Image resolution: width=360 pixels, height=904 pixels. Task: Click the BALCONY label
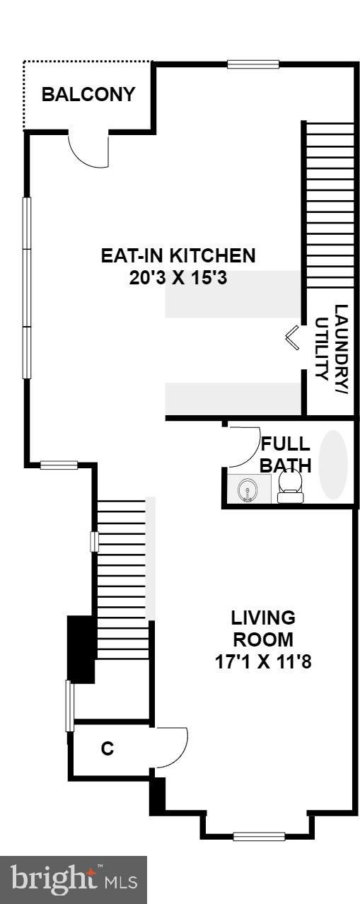pyautogui.click(x=88, y=95)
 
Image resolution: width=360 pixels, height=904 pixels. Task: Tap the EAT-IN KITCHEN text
pyautogui.click(x=178, y=255)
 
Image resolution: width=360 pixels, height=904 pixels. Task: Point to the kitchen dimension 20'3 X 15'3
pyautogui.click(x=178, y=278)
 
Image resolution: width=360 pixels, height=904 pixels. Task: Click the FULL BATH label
pyautogui.click(x=285, y=454)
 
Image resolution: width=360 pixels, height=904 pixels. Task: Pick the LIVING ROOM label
pyautogui.click(x=263, y=628)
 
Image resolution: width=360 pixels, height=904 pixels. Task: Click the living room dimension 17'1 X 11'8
pyautogui.click(x=263, y=662)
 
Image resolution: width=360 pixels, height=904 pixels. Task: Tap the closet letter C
pyautogui.click(x=107, y=748)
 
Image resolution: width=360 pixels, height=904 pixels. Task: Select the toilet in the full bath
pyautogui.click(x=290, y=485)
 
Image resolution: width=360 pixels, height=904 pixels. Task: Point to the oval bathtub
pyautogui.click(x=333, y=464)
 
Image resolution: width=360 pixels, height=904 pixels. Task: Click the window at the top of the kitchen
pyautogui.click(x=253, y=64)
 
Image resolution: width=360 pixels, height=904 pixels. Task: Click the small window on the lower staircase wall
pyautogui.click(x=94, y=542)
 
